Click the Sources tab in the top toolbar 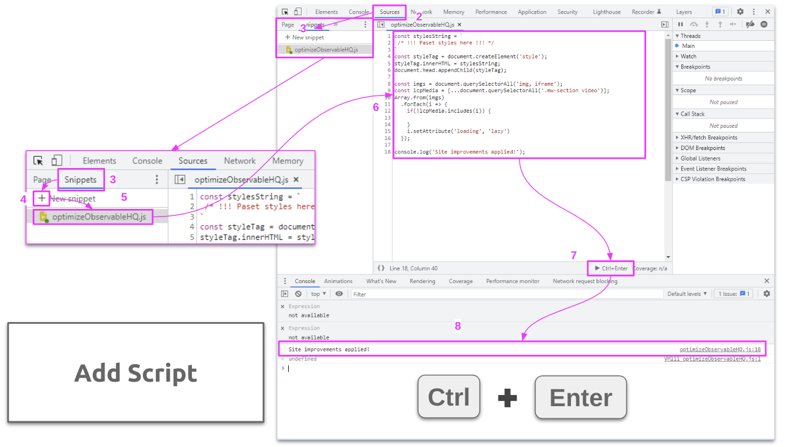click(390, 12)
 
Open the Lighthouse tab click(607, 12)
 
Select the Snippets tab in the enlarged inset click(80, 180)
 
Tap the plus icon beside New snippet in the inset click(41, 198)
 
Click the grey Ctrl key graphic click(448, 397)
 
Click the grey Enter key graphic click(580, 397)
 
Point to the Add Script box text click(135, 373)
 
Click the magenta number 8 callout click(458, 326)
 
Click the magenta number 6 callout click(376, 107)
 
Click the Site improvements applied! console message click(329, 350)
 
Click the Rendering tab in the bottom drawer click(422, 281)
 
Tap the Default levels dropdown click(687, 294)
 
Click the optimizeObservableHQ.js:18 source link click(720, 350)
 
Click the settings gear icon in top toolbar click(740, 12)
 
